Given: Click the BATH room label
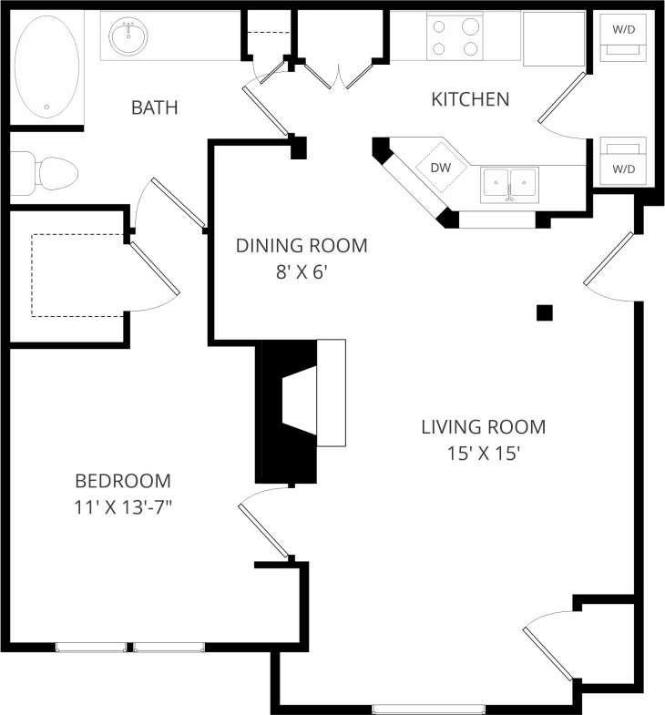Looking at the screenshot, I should click(154, 108).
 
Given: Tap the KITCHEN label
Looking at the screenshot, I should click(470, 99).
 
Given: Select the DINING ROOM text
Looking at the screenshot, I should click(302, 245).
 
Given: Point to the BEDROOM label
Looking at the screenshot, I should click(122, 481).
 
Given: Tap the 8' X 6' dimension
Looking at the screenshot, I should click(302, 271).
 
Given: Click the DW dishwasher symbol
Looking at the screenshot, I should click(441, 167).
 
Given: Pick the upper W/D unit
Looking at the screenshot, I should click(624, 37).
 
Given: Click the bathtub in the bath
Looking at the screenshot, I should click(47, 66).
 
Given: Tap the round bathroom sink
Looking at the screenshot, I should click(128, 36).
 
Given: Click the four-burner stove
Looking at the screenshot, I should click(455, 37).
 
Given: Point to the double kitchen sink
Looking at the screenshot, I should click(509, 184).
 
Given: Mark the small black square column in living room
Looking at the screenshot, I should click(544, 312).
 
